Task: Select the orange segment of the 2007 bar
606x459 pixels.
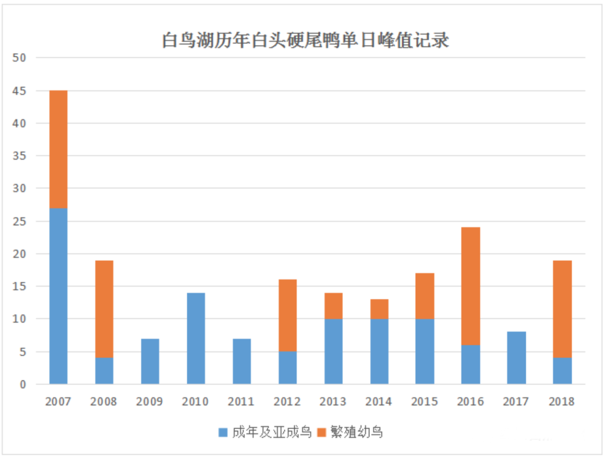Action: coord(58,149)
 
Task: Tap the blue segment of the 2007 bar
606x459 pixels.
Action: coord(58,296)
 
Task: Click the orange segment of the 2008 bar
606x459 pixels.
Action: coord(104,309)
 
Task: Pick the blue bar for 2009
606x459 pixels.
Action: coord(150,361)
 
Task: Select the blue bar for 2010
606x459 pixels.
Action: coord(196,338)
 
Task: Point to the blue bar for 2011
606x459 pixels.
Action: coord(242,361)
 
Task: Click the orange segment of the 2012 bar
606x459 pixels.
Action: coord(287,315)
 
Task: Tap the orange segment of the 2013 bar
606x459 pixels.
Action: coord(333,306)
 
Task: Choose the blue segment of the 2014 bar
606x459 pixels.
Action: coord(379,352)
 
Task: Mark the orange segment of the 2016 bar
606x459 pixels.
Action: coord(471,286)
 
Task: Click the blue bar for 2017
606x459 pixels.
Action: coord(517,358)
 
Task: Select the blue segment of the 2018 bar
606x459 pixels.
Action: coord(562,371)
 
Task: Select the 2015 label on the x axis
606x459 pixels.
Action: coord(425,402)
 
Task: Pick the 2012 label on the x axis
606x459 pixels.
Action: coord(287,402)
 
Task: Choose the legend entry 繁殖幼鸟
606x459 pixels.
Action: coord(350,432)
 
